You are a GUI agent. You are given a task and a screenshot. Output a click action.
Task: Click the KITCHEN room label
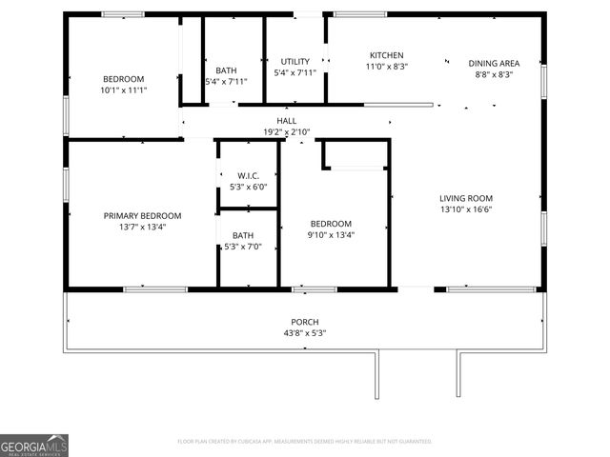coord(387,55)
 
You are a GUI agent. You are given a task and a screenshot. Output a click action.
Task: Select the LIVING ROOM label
coord(466,198)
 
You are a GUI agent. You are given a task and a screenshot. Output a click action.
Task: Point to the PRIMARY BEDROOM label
coord(142,216)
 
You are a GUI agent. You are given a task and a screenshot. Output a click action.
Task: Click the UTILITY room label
coord(295,62)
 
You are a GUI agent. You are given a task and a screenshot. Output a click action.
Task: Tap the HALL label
coord(286,121)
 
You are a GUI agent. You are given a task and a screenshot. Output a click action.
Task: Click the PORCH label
coord(305,322)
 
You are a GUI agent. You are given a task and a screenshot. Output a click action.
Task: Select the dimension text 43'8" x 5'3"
coord(305,333)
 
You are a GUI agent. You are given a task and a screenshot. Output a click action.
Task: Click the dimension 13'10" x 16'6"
coord(466,209)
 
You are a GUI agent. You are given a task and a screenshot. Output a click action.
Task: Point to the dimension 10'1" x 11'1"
coord(124,89)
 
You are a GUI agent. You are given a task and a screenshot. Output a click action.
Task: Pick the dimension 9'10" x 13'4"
coord(331,235)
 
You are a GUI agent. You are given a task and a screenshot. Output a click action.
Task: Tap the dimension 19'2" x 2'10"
coord(286,132)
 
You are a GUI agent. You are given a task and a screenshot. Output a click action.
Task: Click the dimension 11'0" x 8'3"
coord(387,67)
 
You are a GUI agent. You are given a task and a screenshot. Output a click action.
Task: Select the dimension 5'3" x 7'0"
coord(242,248)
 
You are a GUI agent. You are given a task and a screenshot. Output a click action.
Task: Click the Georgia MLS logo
coord(34,445)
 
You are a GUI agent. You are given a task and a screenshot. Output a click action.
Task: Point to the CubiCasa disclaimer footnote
coord(305,442)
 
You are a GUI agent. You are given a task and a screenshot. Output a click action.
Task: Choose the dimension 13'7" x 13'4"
coord(142,228)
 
